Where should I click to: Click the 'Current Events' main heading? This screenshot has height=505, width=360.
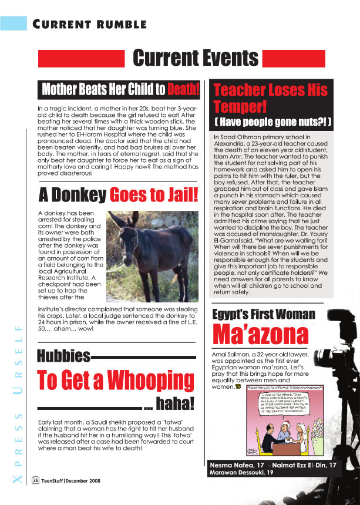point(196,58)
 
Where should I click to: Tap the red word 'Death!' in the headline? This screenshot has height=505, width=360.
point(183,89)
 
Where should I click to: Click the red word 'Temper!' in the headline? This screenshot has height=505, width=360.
point(240,107)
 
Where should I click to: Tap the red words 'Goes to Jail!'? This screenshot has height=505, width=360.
point(154,195)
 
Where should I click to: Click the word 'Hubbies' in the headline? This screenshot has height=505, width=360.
point(63,356)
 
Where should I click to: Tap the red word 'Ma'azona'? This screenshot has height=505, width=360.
point(260,335)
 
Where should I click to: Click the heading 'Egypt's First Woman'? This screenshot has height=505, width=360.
point(264,314)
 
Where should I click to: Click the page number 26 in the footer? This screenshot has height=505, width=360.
point(36,480)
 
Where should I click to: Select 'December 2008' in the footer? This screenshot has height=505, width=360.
point(82,480)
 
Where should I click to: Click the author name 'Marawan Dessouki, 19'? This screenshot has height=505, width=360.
point(241,473)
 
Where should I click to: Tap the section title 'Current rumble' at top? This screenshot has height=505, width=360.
point(89,24)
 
